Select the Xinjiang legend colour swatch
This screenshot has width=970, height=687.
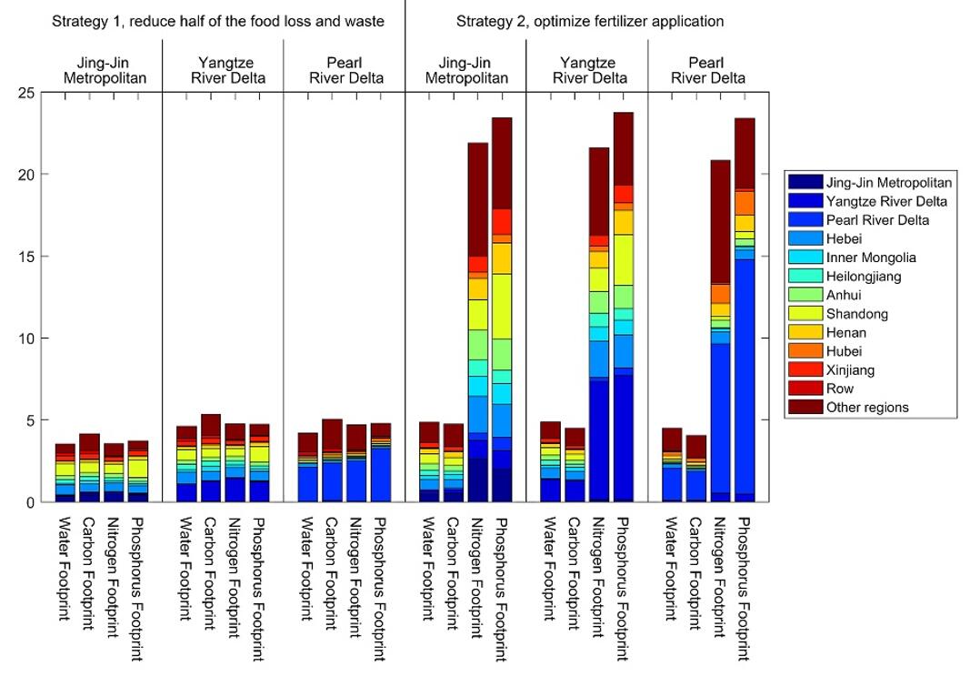tap(804, 370)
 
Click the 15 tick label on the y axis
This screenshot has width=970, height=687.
tap(26, 257)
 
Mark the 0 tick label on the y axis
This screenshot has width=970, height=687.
tap(30, 502)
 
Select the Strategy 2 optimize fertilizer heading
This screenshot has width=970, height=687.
tap(590, 20)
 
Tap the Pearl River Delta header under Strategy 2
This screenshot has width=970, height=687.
tap(708, 70)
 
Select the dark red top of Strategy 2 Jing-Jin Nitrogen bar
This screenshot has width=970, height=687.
tap(477, 200)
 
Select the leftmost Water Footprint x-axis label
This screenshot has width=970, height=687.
tap(65, 569)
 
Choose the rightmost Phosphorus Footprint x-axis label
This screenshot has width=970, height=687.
tap(745, 587)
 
